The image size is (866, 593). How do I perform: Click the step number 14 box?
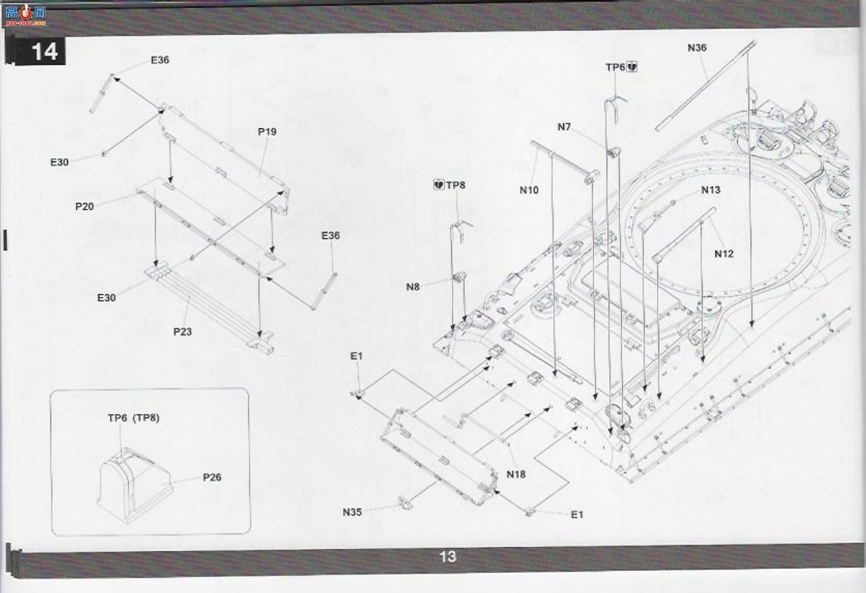click(40, 51)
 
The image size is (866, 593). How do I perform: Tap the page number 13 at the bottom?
click(448, 556)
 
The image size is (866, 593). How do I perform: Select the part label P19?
click(267, 132)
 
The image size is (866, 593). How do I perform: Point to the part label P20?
click(85, 206)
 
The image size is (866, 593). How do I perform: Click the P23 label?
click(182, 332)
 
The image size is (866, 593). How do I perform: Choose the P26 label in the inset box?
click(213, 477)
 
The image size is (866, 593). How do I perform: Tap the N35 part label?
click(352, 512)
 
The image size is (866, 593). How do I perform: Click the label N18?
click(516, 474)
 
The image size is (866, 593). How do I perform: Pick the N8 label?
click(413, 287)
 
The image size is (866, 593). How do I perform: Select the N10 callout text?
click(529, 191)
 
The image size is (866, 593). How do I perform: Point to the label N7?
click(564, 127)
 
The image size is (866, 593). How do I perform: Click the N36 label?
click(697, 48)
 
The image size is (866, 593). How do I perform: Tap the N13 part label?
click(711, 190)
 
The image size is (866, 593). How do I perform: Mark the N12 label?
click(724, 254)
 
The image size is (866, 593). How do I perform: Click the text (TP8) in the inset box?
click(146, 418)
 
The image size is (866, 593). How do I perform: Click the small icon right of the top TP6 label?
click(632, 67)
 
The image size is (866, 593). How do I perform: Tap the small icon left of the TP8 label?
click(439, 184)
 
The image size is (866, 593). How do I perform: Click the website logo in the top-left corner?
click(26, 15)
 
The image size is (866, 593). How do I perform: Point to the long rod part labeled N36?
click(705, 86)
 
